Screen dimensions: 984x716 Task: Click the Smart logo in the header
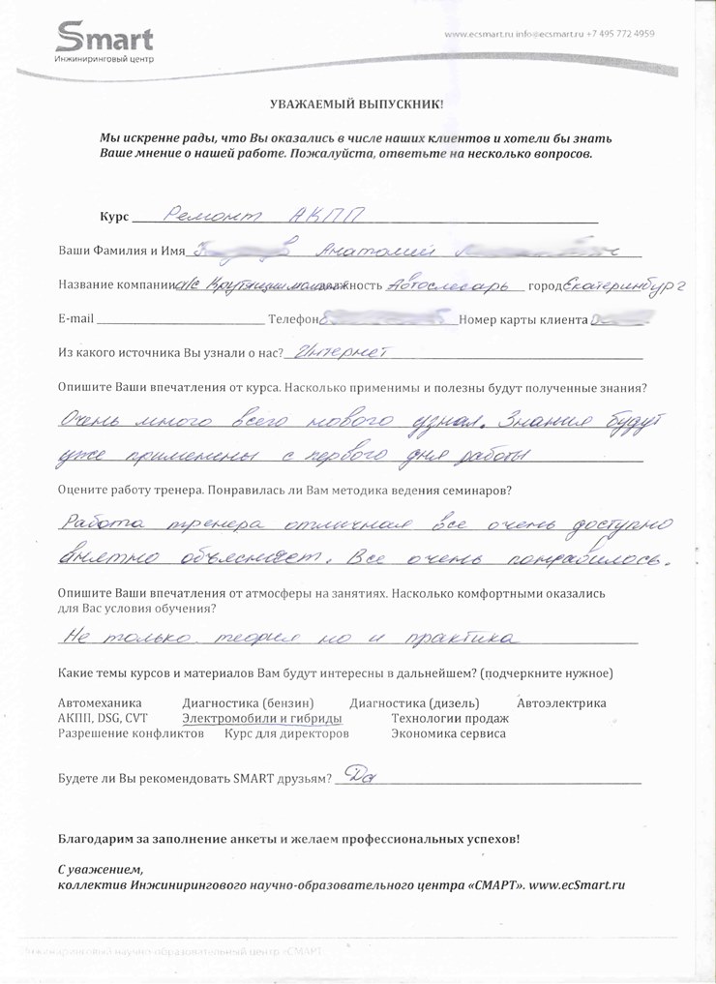point(104,42)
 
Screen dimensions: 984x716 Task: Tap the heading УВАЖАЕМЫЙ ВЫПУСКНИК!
point(357,103)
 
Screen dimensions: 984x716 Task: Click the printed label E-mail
point(75,319)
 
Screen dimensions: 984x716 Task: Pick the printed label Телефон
point(293,319)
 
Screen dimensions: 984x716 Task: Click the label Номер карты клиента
point(523,319)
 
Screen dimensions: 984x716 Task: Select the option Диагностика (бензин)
point(248,702)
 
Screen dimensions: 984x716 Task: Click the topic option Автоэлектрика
point(561,702)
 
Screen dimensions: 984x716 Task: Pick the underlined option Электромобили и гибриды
point(261,719)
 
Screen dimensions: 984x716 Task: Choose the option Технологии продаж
point(449,719)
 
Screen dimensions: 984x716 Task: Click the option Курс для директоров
point(285,734)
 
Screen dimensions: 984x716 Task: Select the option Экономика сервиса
point(447,734)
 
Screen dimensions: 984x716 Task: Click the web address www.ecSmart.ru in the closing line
point(577,884)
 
